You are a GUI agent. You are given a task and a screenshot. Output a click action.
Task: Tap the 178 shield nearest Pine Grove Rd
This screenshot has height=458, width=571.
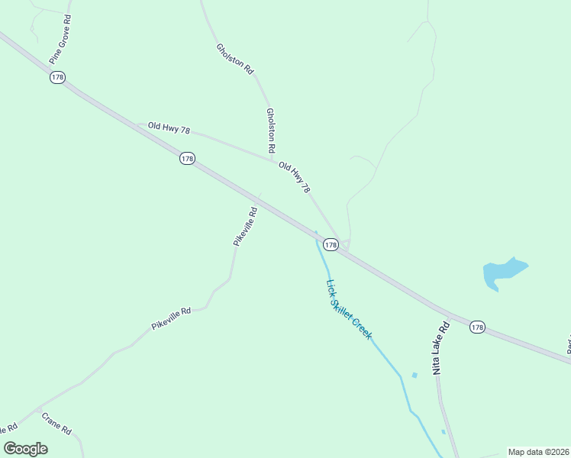click(58, 78)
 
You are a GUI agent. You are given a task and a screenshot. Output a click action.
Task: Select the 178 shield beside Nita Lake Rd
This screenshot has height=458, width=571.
click(477, 327)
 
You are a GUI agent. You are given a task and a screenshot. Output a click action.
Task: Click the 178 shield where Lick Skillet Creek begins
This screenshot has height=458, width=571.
click(330, 245)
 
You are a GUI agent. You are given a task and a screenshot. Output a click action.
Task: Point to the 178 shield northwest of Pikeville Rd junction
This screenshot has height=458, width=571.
click(187, 159)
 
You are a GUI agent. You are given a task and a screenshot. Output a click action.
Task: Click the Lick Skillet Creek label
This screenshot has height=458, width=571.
click(349, 309)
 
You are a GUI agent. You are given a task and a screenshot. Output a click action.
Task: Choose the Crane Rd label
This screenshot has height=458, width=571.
click(56, 424)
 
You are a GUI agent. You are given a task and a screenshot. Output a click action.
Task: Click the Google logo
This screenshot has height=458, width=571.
click(26, 448)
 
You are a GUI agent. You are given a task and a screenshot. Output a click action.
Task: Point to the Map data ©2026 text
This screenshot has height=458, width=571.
click(537, 452)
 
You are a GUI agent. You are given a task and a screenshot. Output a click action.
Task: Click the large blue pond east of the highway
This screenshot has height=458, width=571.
click(503, 273)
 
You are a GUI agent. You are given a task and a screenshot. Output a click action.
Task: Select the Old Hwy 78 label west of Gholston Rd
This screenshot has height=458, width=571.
click(169, 128)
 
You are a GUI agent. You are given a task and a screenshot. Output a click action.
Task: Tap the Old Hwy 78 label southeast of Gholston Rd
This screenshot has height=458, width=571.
click(295, 176)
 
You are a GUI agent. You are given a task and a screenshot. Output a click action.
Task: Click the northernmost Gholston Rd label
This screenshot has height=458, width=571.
click(234, 58)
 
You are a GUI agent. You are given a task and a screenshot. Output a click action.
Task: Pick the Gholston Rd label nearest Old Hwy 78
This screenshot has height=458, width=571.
click(270, 128)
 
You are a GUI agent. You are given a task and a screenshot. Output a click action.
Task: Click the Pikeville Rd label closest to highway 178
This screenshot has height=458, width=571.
click(245, 225)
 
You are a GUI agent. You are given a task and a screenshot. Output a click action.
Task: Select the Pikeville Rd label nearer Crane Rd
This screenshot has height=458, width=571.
click(170, 319)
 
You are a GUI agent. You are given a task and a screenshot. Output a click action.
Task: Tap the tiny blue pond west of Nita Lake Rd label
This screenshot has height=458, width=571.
click(415, 375)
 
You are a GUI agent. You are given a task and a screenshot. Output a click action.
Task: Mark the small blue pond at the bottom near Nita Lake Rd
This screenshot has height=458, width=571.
click(444, 432)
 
